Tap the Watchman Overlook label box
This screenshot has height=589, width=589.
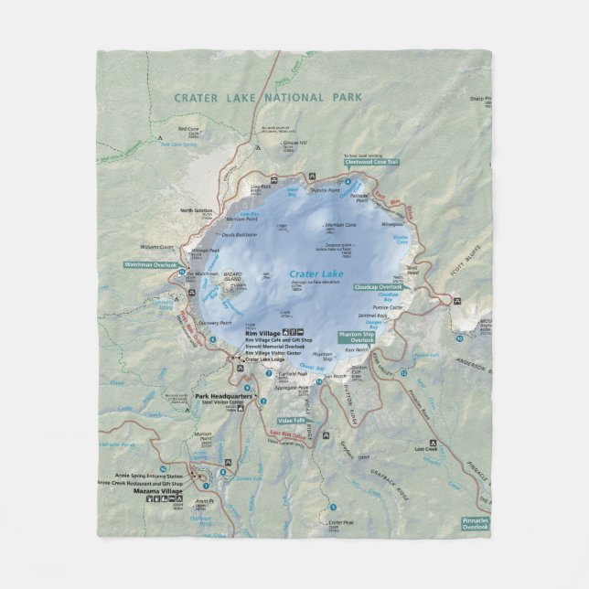(150, 264)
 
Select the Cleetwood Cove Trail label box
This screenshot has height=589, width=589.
(372, 162)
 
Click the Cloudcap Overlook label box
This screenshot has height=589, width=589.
(380, 285)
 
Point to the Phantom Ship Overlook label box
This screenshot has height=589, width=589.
(358, 337)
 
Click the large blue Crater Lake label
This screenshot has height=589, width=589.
(315, 273)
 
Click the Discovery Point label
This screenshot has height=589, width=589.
(214, 322)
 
